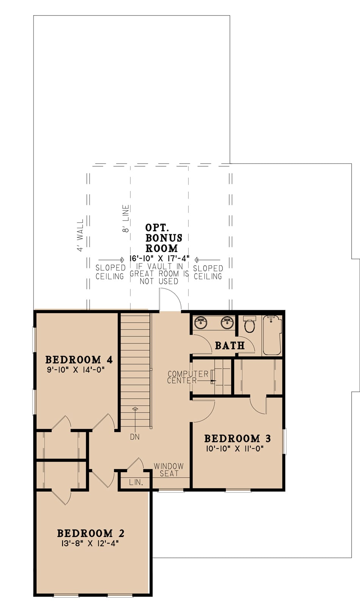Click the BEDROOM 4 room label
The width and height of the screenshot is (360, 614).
[x=79, y=359]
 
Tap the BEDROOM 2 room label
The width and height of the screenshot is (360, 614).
[x=91, y=533]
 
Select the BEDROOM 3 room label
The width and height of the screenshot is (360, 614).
[x=237, y=439]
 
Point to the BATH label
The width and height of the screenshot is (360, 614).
[x=230, y=345]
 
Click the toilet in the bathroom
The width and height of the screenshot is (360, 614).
[x=249, y=324]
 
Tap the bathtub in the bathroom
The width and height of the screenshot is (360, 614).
[x=272, y=335]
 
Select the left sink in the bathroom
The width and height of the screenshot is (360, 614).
[x=200, y=323]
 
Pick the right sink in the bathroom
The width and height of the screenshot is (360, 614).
[x=227, y=323]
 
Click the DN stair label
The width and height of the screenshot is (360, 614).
[x=135, y=437]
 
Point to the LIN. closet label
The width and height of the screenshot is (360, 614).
[x=136, y=482]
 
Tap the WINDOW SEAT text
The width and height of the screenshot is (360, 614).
[x=169, y=470]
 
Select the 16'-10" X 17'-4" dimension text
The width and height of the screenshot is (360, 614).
[x=159, y=258]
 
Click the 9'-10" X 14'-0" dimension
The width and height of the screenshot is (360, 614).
[x=75, y=370]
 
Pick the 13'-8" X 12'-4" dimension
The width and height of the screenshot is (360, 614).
[x=90, y=544]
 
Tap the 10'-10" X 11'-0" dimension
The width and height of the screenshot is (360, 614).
[x=235, y=449]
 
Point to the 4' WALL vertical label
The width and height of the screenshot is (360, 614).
[x=80, y=235]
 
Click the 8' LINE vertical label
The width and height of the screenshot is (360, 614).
[x=126, y=219]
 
